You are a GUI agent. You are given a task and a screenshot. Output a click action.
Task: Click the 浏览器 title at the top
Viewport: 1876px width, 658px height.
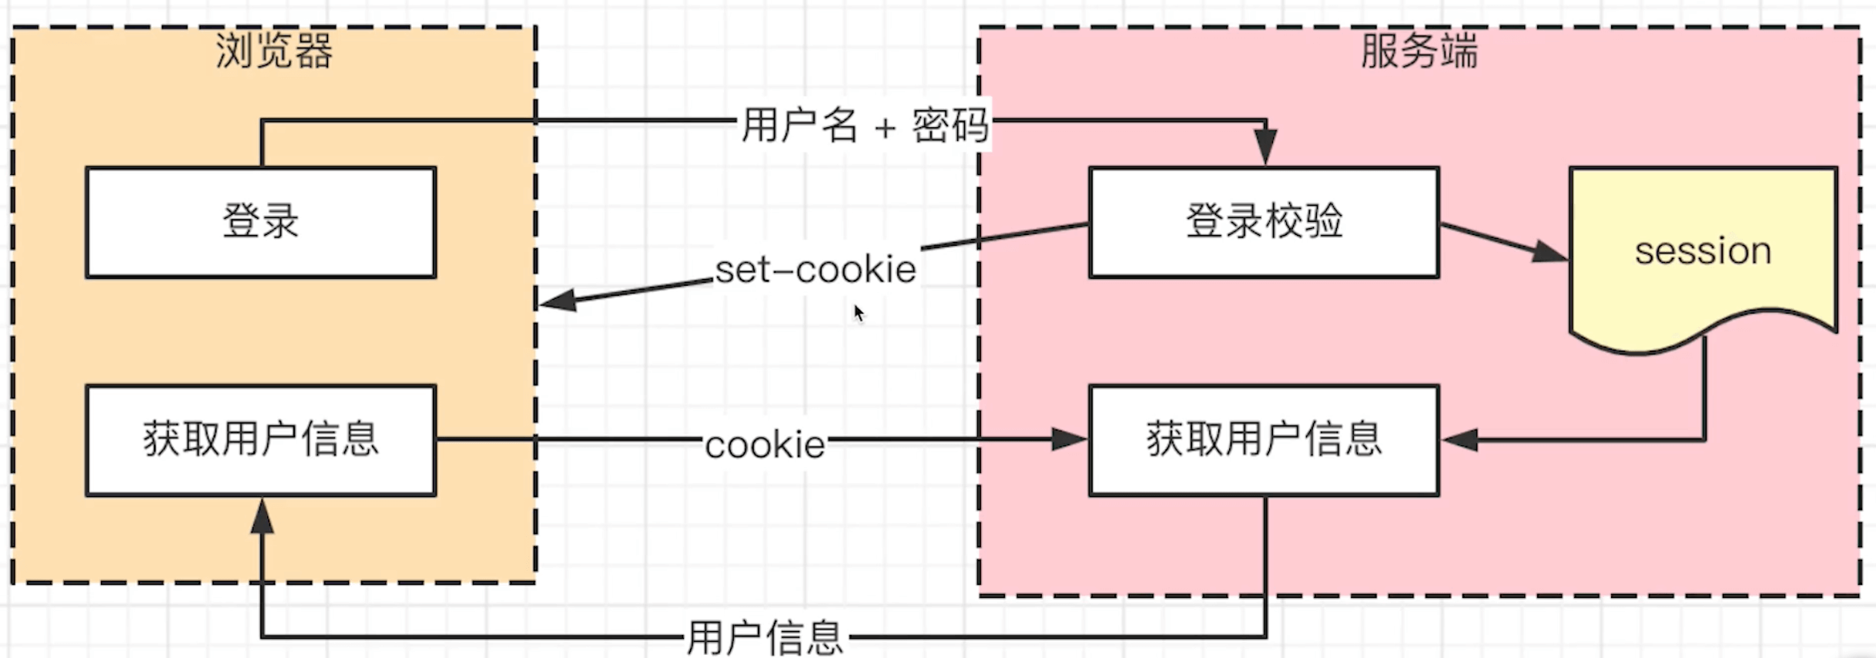[274, 51]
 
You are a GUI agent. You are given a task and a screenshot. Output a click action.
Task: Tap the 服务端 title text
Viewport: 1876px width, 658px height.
[1419, 51]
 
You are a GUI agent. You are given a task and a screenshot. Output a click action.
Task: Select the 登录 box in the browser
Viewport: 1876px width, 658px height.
[261, 222]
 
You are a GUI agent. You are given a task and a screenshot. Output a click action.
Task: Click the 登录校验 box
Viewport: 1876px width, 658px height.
[1264, 222]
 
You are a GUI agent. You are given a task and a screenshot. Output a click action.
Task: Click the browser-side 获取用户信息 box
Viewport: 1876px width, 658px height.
[261, 440]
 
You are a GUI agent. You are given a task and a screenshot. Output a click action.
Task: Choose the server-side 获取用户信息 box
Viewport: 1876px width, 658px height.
[1264, 440]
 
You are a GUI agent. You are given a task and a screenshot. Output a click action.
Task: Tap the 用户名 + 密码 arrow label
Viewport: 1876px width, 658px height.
[864, 125]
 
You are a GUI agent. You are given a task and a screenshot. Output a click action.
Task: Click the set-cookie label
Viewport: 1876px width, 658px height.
[816, 270]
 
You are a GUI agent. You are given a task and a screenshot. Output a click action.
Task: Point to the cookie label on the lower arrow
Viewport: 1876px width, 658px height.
[765, 445]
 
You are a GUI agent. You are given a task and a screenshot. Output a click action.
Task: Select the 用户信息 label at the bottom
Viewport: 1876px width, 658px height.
[765, 638]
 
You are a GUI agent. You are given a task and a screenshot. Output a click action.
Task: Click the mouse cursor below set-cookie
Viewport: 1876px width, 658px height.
[858, 312]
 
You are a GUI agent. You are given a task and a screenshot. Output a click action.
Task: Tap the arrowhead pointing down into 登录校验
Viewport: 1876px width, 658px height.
[1265, 148]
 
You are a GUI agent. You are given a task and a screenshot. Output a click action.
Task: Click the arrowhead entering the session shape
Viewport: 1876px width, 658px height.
[1549, 252]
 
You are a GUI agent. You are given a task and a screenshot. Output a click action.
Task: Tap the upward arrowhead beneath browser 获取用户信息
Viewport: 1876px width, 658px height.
[262, 516]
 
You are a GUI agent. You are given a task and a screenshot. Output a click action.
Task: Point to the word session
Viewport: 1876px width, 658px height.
[1703, 251]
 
